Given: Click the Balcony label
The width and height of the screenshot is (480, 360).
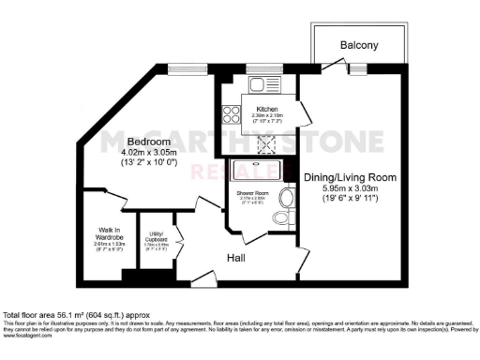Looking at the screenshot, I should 358,44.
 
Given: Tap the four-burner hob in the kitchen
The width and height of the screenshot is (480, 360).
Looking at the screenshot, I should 229,115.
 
